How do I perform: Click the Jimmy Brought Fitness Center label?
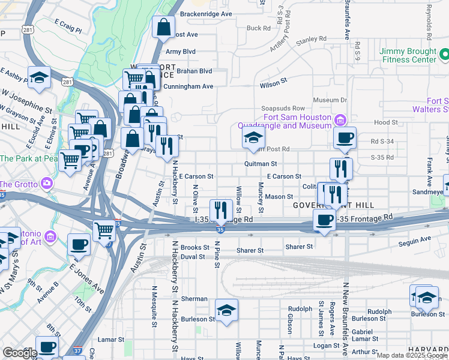coord(408,55)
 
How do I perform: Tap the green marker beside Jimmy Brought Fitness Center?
coord(444,55)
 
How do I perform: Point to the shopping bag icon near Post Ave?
coord(163,28)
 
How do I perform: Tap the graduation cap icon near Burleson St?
coord(226,311)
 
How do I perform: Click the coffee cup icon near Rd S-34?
coord(345,138)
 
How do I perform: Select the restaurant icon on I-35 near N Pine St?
coord(221,210)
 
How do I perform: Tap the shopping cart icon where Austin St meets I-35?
coord(104,230)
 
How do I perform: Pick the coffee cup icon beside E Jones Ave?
coord(79,245)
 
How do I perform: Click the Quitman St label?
coord(261,163)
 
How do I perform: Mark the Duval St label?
coord(193,256)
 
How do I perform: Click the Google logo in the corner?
coord(20,353)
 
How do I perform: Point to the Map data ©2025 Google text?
coord(411,355)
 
